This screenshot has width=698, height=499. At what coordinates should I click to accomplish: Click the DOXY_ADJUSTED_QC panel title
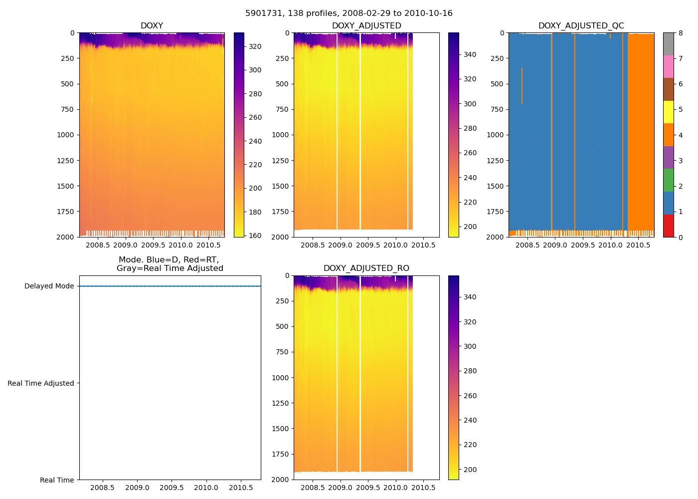click(581, 26)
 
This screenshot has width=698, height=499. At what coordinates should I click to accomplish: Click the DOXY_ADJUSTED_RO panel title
click(366, 268)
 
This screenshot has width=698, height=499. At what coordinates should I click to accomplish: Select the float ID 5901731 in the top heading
click(262, 13)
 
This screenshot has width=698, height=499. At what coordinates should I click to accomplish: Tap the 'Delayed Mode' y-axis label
click(49, 286)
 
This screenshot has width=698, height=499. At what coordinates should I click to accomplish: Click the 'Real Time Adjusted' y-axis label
click(41, 383)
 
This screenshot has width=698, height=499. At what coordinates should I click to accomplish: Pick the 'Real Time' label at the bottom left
click(57, 480)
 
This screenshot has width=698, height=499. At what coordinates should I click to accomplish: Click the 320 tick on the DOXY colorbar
click(255, 46)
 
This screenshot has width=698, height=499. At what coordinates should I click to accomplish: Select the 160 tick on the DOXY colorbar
click(255, 236)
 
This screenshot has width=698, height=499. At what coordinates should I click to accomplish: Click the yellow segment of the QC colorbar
click(668, 112)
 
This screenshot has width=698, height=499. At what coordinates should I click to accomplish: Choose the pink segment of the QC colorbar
click(668, 66)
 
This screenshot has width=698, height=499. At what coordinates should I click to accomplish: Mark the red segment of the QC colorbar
click(668, 226)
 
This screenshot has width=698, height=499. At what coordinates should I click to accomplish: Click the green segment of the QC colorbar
click(668, 180)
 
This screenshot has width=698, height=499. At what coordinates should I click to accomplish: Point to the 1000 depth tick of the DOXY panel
click(65, 135)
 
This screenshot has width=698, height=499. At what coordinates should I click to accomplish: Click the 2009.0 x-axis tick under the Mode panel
click(137, 488)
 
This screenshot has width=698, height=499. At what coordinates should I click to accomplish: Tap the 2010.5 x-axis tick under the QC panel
click(638, 245)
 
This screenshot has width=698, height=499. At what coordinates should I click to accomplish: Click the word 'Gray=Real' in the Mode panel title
click(136, 268)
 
